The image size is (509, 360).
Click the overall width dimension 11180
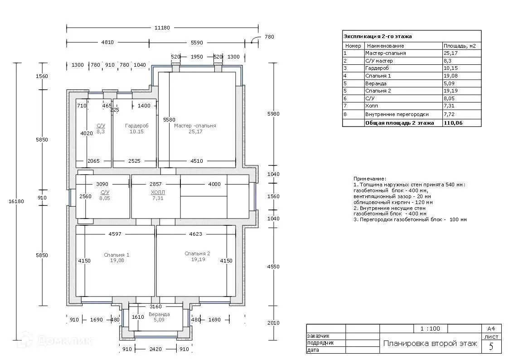click(162, 28)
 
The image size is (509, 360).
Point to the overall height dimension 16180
click(16, 201)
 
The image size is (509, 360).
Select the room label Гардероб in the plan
click(137, 126)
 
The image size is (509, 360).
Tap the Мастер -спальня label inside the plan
click(195, 126)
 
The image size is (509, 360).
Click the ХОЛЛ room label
click(158, 192)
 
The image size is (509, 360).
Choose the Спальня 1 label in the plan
click(116, 255)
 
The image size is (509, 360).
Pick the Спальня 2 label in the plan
click(197, 253)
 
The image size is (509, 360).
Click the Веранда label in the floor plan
click(159, 314)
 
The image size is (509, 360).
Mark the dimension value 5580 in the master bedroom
click(169, 120)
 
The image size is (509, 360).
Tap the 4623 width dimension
click(195, 234)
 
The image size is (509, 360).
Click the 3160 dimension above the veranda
click(155, 306)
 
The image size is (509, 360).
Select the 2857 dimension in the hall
click(155, 184)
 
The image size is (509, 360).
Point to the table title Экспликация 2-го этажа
click(378, 36)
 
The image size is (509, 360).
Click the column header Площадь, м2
click(460, 46)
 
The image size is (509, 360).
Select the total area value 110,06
click(453, 123)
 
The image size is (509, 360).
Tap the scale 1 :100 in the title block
click(430, 329)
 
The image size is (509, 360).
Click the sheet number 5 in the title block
click(491, 346)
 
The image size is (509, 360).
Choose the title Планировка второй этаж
click(430, 343)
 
